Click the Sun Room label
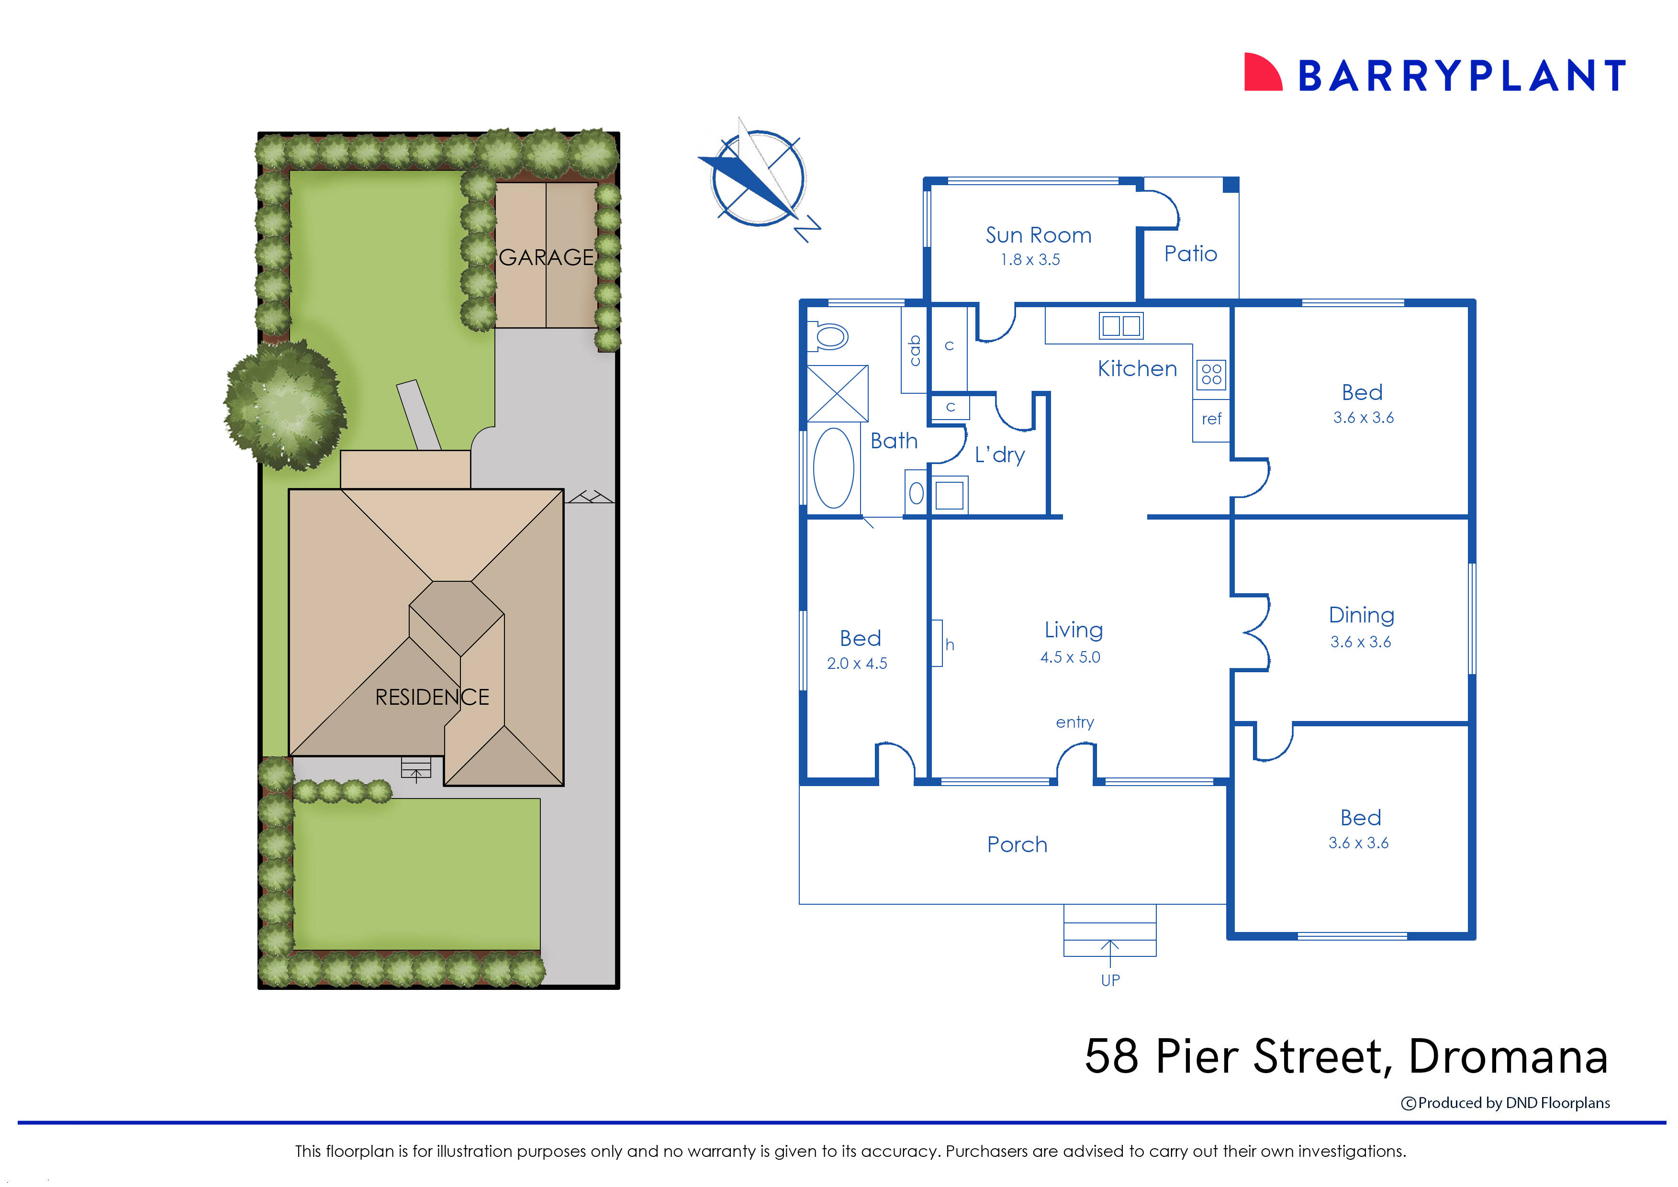1038,235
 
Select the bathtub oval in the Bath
834,468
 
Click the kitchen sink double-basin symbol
1121,325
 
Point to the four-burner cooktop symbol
1211,374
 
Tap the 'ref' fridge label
1211,419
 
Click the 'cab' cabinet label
914,350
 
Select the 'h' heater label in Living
949,644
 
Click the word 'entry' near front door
1074,722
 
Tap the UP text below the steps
1110,980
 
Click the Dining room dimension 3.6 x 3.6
1360,642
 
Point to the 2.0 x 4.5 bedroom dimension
857,663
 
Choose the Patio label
1190,254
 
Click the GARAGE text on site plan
546,257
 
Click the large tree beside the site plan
284,406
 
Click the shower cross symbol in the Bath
837,393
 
